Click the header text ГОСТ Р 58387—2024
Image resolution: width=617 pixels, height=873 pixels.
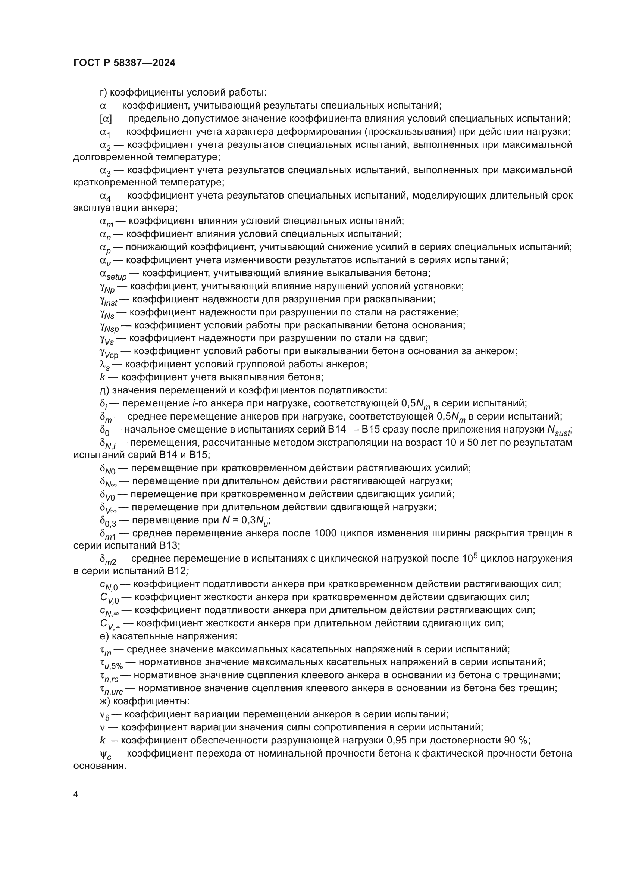pos(124,63)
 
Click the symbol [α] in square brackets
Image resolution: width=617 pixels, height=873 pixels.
pos(106,119)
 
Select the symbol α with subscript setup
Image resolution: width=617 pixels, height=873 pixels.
pos(113,274)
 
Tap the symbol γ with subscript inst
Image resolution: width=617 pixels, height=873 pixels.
pos(108,300)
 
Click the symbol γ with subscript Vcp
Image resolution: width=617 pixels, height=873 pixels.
pos(109,352)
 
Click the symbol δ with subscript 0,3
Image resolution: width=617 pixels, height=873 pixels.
pos(108,521)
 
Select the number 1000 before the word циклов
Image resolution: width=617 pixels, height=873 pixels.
pos(326,533)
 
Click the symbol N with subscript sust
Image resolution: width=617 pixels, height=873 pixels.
pos(558,430)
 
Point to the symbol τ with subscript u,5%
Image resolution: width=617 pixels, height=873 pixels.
pos(111,663)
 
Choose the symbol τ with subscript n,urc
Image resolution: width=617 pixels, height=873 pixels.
pos(111,689)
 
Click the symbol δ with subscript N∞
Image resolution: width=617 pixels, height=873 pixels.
pos(108,482)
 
